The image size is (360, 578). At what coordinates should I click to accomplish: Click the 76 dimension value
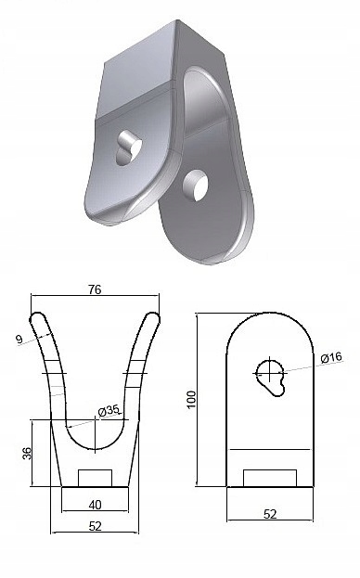[x=95, y=289]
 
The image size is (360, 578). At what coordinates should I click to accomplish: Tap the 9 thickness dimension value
[x=19, y=339]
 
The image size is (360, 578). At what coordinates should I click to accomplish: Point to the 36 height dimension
[x=28, y=453]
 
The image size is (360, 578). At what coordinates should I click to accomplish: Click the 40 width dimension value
[x=95, y=505]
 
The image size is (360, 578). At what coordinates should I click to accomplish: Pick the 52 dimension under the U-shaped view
[x=95, y=526]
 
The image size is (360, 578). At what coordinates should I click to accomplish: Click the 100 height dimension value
[x=192, y=400]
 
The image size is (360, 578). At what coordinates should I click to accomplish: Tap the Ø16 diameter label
[x=331, y=357]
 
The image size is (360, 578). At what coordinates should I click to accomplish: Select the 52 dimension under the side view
[x=270, y=514]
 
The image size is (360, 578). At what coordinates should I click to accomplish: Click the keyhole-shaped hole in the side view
[x=271, y=378]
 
